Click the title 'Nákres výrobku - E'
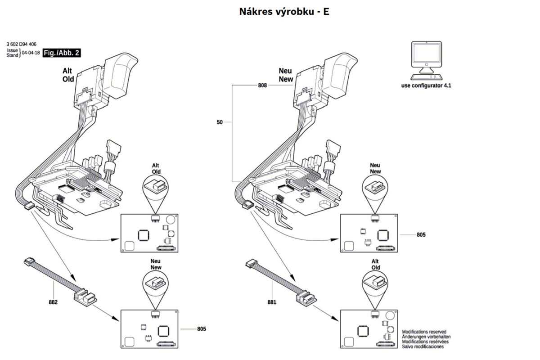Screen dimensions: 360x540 click(x=284, y=12)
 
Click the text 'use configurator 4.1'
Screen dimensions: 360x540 click(x=426, y=85)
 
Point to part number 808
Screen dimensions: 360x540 click(x=263, y=85)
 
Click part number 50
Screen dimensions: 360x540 click(x=220, y=121)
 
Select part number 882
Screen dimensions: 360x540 click(x=53, y=302)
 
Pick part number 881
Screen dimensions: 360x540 click(x=271, y=302)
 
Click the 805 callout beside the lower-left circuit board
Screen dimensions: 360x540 click(x=201, y=329)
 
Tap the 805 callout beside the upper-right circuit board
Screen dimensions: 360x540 click(x=421, y=235)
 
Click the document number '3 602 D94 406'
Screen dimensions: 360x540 click(x=22, y=44)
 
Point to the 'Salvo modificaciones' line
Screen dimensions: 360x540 click(x=423, y=346)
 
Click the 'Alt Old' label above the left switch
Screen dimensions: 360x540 click(x=68, y=75)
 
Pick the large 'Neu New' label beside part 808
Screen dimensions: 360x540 click(x=285, y=75)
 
